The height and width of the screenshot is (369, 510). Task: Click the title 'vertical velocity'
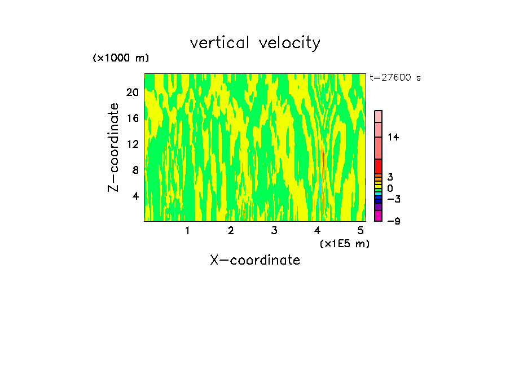[255, 43]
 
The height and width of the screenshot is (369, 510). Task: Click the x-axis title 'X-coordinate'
[255, 260]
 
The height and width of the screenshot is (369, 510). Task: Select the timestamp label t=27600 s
[395, 78]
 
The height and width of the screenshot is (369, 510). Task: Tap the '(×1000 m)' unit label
[121, 58]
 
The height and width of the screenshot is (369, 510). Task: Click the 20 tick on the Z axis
[133, 92]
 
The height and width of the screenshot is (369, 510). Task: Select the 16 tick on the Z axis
[133, 118]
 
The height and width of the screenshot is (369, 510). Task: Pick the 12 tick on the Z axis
[133, 144]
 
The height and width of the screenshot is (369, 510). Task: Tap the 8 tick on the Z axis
[135, 170]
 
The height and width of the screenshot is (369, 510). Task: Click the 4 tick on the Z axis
[135, 196]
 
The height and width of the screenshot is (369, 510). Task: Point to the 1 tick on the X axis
[187, 230]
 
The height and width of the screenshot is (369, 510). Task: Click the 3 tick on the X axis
[274, 230]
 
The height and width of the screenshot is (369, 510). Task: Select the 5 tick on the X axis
[360, 230]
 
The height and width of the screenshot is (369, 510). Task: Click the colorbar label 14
[393, 137]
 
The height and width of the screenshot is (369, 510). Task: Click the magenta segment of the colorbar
[378, 216]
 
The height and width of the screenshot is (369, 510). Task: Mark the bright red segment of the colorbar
[378, 166]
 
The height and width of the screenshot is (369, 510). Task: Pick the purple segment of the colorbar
[378, 207]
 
